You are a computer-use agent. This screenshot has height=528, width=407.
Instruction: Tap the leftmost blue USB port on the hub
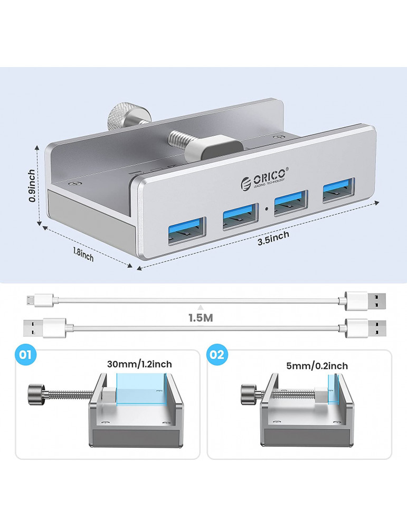click(187, 231)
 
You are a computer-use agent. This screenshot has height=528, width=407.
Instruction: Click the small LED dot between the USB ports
click(266, 209)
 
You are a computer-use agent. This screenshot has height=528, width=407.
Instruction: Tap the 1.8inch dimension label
click(83, 254)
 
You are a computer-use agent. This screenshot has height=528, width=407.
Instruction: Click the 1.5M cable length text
click(201, 318)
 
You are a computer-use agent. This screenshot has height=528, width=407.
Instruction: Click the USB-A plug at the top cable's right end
click(366, 301)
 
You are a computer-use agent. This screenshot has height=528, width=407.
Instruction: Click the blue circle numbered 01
click(25, 355)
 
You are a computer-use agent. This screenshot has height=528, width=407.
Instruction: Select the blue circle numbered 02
click(216, 355)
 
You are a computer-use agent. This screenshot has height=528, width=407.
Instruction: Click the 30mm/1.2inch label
click(139, 364)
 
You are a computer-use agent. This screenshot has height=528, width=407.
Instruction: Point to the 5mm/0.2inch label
click(317, 366)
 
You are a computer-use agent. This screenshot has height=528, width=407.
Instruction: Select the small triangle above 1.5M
click(201, 307)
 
